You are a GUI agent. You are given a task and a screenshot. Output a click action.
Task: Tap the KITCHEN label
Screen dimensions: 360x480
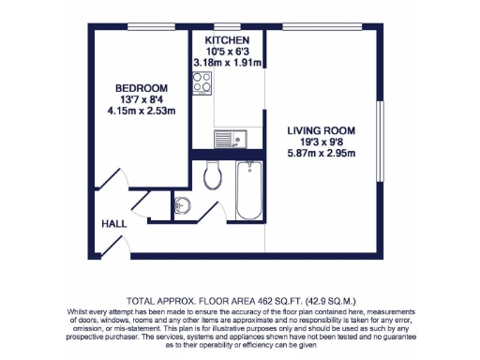(x=227, y=41)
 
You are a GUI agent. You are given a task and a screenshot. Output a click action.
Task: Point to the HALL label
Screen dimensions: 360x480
(x=113, y=224)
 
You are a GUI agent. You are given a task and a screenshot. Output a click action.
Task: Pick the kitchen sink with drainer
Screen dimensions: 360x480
(x=230, y=140)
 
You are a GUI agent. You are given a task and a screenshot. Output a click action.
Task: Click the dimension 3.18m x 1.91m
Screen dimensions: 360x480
(x=227, y=64)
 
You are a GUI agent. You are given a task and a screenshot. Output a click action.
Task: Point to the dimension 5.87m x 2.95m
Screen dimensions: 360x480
(x=322, y=155)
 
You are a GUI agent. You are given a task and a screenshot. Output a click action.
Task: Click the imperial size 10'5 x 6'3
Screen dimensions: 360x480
(x=227, y=52)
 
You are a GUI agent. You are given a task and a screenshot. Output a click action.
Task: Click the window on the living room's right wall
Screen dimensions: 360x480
(x=381, y=130)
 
